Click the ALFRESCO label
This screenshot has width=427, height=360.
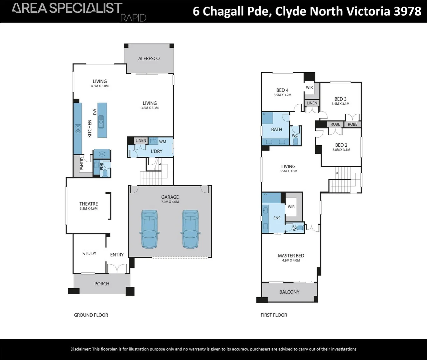(149, 58)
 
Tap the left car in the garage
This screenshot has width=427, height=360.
(149, 229)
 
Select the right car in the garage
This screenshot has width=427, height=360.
(190, 229)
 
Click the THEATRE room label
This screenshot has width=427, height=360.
(88, 204)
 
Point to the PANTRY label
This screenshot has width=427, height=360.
(82, 164)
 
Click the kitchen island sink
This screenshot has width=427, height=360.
(101, 122)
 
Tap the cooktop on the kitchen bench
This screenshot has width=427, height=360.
(78, 129)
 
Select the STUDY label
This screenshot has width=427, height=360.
(89, 253)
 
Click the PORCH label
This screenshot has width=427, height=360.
(102, 284)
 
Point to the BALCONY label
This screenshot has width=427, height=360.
(289, 292)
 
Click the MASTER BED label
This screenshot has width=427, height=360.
(291, 256)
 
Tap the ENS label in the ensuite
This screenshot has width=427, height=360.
(277, 218)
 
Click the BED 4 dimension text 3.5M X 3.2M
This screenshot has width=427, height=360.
(282, 95)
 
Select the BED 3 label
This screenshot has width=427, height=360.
(340, 99)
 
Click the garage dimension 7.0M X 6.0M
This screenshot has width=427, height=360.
(170, 202)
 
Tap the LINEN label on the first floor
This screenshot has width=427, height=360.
(312, 103)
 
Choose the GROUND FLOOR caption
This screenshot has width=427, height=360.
(91, 315)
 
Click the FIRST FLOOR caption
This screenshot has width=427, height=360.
(274, 315)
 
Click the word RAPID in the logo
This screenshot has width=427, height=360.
(133, 18)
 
